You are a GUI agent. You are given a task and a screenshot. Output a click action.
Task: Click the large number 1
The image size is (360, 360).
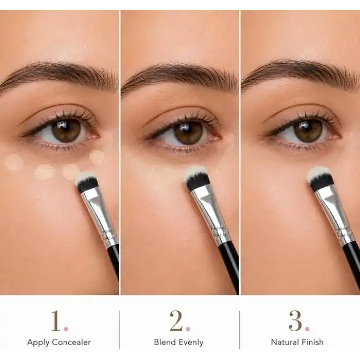[56, 320]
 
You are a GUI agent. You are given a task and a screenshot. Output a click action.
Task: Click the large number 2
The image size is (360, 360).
[176, 320]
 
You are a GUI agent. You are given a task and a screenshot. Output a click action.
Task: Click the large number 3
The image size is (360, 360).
[296, 321]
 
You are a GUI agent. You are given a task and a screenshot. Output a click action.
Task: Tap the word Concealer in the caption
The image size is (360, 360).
[71, 343]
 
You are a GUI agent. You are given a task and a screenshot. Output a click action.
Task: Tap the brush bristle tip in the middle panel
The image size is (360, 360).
[194, 171]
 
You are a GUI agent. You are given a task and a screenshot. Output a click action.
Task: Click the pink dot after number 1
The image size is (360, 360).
[66, 329]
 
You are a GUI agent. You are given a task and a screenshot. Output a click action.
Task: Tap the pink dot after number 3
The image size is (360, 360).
[307, 329]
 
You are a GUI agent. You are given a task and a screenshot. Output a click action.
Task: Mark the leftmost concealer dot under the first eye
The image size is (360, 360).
[14, 162]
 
